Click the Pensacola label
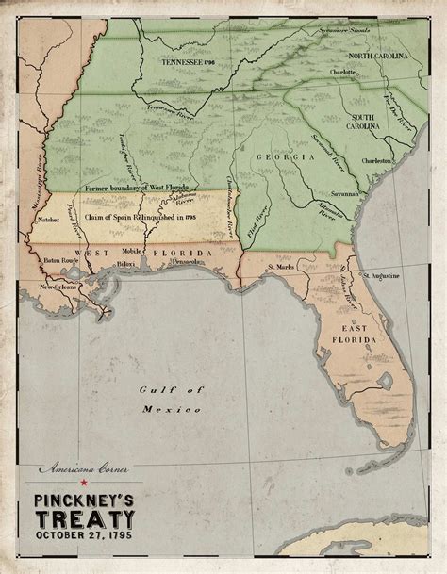185,262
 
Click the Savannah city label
343,192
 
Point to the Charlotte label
342,72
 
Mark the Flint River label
251,226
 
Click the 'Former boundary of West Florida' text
142,187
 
